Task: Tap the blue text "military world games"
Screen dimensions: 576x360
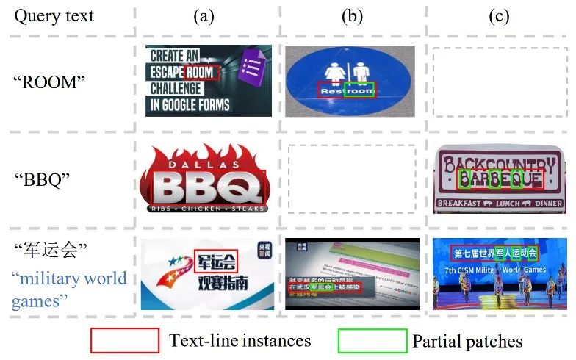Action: click(x=69, y=289)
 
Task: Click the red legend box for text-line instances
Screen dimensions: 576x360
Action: click(x=124, y=340)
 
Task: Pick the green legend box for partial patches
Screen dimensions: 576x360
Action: click(x=372, y=340)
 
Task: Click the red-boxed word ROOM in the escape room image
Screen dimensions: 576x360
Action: click(x=203, y=71)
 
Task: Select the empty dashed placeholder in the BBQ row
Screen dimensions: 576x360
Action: click(x=352, y=179)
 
